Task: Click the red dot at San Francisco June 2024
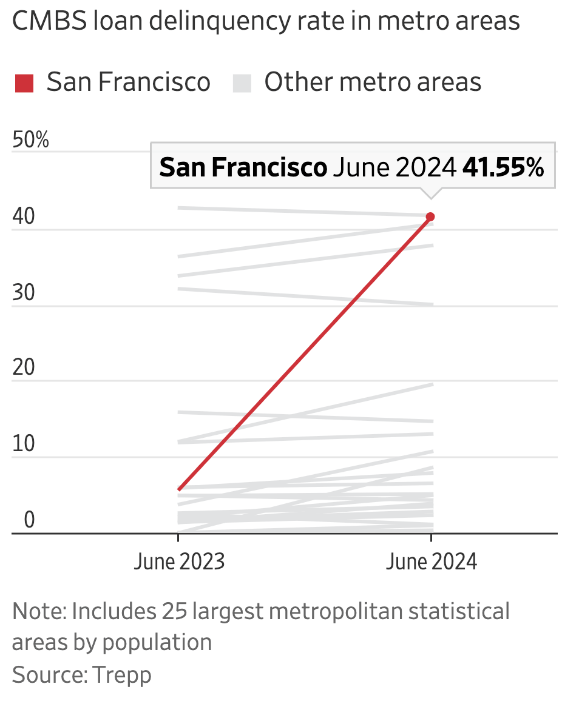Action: click(430, 217)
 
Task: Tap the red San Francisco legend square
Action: click(24, 82)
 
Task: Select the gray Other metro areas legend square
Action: click(242, 82)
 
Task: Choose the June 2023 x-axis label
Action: click(178, 562)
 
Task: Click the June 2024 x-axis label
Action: click(431, 562)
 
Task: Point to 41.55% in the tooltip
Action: click(503, 167)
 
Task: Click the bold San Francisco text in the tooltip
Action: click(243, 167)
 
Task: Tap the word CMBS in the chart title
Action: click(50, 21)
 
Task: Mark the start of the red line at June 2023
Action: click(178, 489)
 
